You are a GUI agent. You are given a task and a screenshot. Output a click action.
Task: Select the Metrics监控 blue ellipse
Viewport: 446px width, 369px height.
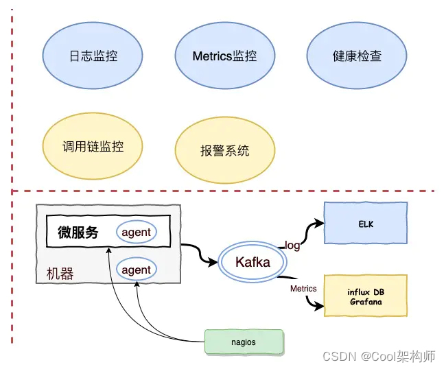[x=225, y=56]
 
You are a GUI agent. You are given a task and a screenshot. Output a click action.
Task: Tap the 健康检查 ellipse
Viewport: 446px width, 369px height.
[x=356, y=56]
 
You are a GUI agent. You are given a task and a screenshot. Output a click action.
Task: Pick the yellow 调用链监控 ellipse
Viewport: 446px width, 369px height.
[x=93, y=146]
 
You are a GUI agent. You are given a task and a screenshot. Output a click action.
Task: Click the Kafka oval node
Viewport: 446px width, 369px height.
[x=253, y=261]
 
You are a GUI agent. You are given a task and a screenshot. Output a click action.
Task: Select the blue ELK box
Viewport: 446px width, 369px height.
[x=366, y=224]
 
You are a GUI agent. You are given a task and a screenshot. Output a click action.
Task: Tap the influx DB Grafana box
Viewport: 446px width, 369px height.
[x=366, y=296]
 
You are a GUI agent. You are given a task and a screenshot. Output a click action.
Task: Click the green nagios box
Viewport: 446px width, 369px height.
[x=244, y=342]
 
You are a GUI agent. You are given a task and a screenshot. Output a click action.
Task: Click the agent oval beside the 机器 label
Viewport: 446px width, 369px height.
[x=136, y=270]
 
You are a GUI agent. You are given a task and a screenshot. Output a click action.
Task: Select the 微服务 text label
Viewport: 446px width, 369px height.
[x=78, y=233]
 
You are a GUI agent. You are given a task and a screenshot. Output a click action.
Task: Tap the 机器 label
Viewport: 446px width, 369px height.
[x=60, y=274]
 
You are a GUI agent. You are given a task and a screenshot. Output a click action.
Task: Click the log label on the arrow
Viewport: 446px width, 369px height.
[x=292, y=246]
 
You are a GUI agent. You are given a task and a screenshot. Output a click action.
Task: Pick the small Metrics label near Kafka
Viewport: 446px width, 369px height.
[x=303, y=288]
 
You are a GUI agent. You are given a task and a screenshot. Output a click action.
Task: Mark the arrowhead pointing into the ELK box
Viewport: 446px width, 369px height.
[x=318, y=223]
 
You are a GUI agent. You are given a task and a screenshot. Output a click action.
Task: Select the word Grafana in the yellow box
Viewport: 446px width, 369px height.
[x=366, y=302]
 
